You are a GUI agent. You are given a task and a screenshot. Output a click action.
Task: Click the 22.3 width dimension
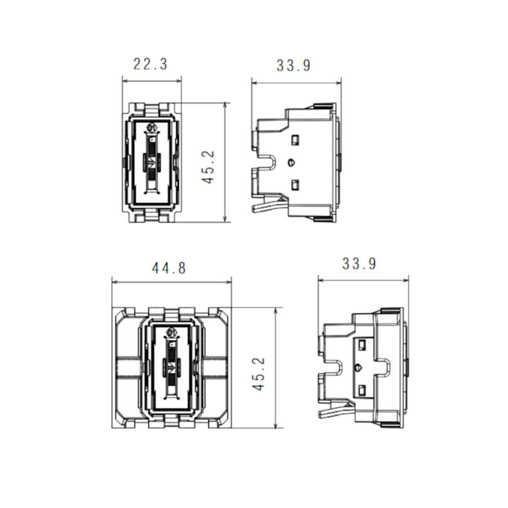[150, 64]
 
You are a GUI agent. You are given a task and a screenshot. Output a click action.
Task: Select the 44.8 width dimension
[169, 268]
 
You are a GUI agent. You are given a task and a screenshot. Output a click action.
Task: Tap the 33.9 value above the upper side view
[294, 66]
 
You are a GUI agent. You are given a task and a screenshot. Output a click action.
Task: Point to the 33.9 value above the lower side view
[359, 263]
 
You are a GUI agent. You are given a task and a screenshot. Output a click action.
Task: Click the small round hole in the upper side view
[291, 162]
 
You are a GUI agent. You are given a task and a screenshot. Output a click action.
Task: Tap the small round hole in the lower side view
[358, 368]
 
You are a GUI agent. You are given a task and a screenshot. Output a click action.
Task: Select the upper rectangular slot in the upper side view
[295, 140]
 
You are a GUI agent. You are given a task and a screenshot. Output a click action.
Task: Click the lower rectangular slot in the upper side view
[295, 185]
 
